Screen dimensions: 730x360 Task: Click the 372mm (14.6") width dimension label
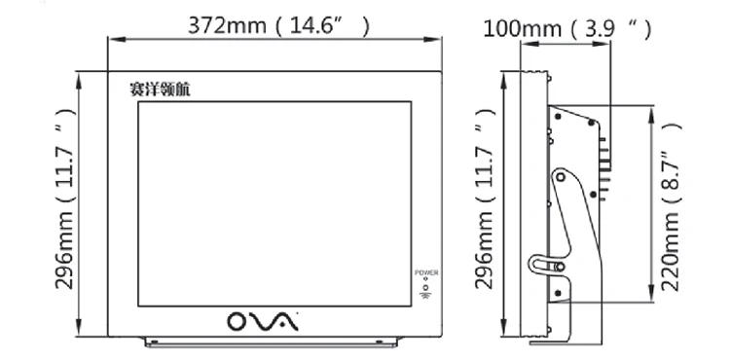(x=278, y=25)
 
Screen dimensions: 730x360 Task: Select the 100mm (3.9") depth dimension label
(x=566, y=29)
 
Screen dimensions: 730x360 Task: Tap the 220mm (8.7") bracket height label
(x=671, y=207)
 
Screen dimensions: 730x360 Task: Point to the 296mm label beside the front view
(x=64, y=198)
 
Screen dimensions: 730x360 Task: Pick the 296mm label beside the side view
(x=484, y=198)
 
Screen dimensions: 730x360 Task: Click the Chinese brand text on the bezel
(x=160, y=90)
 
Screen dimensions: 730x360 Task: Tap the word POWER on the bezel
(x=426, y=273)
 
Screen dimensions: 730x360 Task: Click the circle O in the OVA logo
(x=238, y=321)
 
